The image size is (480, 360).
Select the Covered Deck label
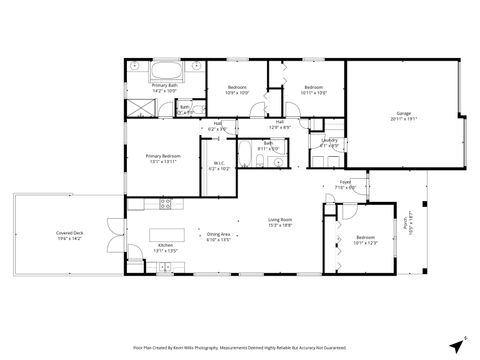click(x=71, y=236)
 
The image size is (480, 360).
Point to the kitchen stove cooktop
click(x=167, y=205)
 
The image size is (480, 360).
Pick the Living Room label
click(x=279, y=222)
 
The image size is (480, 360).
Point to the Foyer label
click(x=343, y=185)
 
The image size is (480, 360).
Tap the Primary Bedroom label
click(x=162, y=158)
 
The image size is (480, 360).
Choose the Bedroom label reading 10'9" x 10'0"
click(x=237, y=90)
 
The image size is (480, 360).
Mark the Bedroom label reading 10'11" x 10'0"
click(x=313, y=90)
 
